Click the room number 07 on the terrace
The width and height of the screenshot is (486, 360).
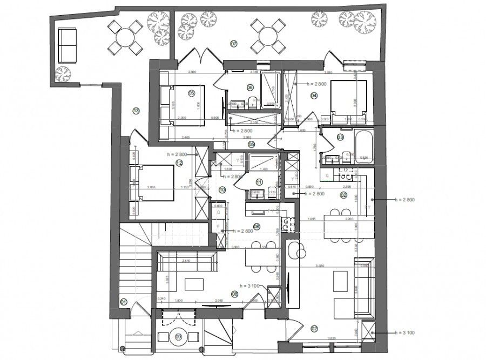(234, 43)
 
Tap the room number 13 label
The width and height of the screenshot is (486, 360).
(136, 111)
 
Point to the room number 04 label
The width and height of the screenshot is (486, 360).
(313, 96)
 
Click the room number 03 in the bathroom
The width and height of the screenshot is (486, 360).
(340, 138)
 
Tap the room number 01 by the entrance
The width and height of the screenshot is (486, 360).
(124, 302)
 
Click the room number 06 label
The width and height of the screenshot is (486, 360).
(250, 87)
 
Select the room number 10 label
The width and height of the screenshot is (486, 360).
(222, 189)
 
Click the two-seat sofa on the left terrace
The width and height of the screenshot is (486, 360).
(67, 45)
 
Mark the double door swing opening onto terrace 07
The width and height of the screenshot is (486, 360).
(201, 54)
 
